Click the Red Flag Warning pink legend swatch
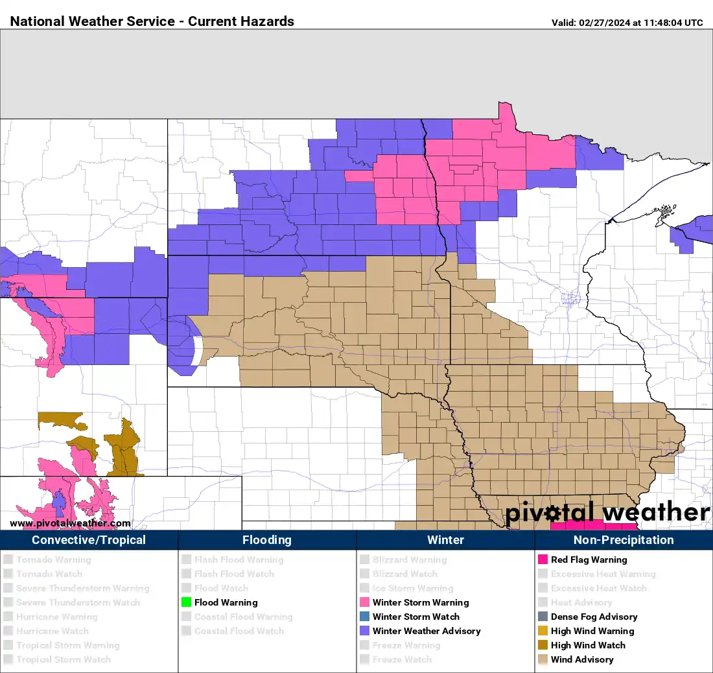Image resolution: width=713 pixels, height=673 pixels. pos(543,560)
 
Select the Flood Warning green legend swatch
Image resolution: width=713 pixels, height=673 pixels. pos(187,602)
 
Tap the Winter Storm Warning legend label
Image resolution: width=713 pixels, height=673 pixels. pos(420,602)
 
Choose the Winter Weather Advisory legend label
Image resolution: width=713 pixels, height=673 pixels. pos(426,631)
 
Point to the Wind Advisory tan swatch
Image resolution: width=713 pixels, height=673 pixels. pos(543,659)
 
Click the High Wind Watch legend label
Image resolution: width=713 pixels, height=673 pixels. pos(588,645)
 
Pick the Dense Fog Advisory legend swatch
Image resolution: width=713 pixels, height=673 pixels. pos(543,617)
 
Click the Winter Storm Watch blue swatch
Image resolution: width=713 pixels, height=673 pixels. pos(365,617)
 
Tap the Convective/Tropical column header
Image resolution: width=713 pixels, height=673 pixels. pos(89,540)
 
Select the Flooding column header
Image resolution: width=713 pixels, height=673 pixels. pos(267,540)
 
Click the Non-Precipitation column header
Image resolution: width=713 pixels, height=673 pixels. pos(623,540)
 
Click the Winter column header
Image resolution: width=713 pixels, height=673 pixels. pos(445,540)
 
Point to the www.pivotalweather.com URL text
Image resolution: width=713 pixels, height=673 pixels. pos(70,523)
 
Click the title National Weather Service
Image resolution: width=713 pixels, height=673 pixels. pos(93,21)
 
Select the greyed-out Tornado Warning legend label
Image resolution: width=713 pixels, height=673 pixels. pos(53,560)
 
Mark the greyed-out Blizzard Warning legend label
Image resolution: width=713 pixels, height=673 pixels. pos(409,560)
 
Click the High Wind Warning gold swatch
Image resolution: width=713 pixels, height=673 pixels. pos(543,631)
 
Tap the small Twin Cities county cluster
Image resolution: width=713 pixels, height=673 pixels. pos(571,299)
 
